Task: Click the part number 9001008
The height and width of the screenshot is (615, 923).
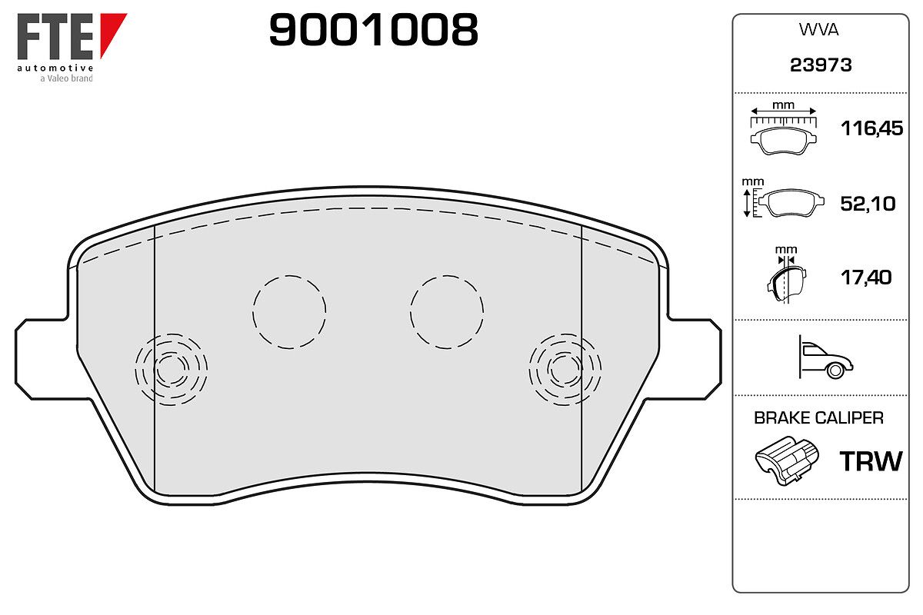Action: click(x=373, y=29)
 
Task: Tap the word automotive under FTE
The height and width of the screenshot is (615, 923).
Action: click(x=55, y=68)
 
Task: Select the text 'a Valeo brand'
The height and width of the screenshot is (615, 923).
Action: click(x=66, y=78)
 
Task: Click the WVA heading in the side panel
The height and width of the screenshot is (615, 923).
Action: click(x=818, y=30)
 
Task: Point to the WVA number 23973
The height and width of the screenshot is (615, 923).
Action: click(x=821, y=65)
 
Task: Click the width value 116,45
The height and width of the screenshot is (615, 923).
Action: click(x=871, y=128)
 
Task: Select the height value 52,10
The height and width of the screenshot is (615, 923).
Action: click(x=868, y=204)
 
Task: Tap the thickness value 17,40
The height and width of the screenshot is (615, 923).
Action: click(x=866, y=278)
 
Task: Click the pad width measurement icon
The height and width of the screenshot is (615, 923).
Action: click(x=783, y=128)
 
